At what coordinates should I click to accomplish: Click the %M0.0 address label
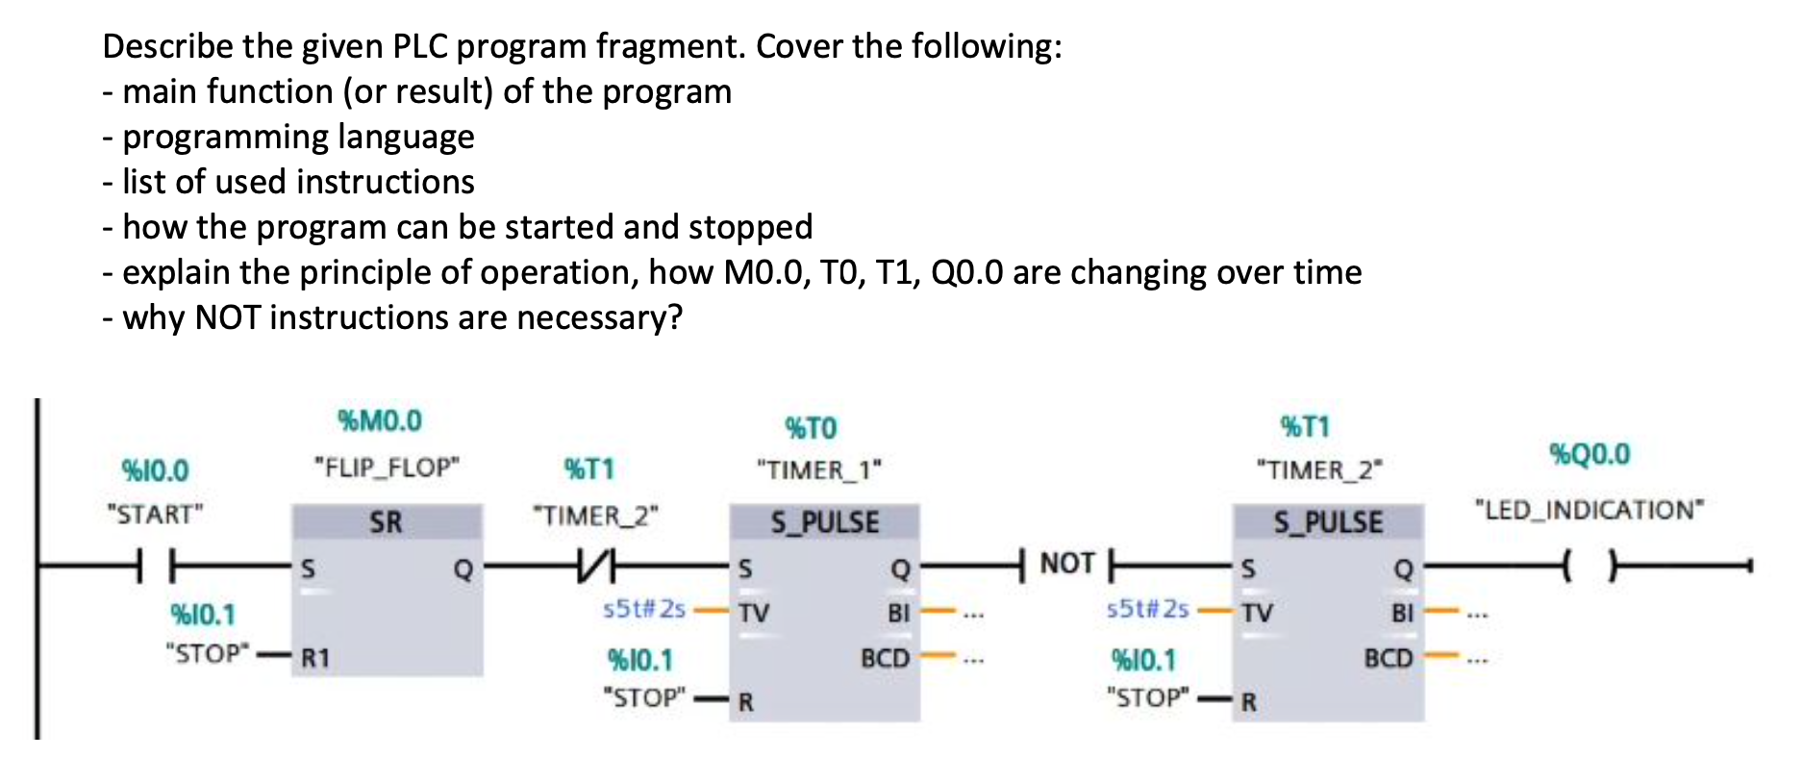pyautogui.click(x=380, y=420)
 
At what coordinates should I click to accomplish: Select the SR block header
pyautogui.click(x=387, y=522)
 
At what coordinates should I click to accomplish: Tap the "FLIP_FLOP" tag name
pyautogui.click(x=387, y=467)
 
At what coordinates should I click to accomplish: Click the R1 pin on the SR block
pyautogui.click(x=316, y=658)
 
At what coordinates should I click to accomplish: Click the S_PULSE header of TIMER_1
pyautogui.click(x=824, y=522)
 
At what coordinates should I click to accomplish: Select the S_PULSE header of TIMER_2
pyautogui.click(x=1328, y=522)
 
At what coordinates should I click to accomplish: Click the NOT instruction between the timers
pyautogui.click(x=1066, y=564)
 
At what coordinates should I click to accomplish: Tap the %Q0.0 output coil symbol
pyautogui.click(x=1589, y=567)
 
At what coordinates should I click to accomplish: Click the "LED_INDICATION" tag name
pyautogui.click(x=1589, y=509)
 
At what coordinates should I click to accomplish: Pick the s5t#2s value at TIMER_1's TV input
pyautogui.click(x=643, y=609)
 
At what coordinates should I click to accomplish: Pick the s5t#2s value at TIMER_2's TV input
pyautogui.click(x=1147, y=609)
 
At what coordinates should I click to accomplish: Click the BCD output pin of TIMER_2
pyautogui.click(x=1389, y=658)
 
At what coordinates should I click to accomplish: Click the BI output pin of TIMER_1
pyautogui.click(x=898, y=612)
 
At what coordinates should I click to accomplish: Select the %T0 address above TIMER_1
pyautogui.click(x=811, y=428)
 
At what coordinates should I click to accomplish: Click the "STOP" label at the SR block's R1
pyautogui.click(x=208, y=653)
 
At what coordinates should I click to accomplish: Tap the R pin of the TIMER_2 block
pyautogui.click(x=1248, y=701)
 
